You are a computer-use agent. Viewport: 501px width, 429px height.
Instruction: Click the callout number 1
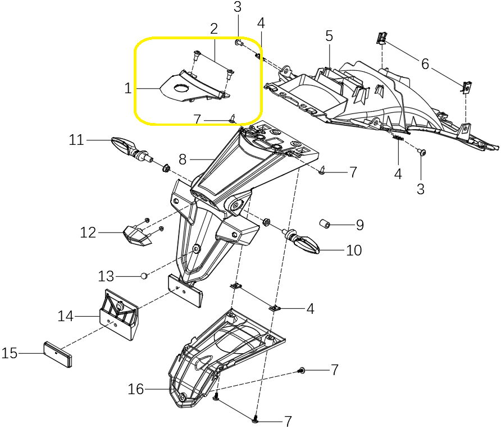[x=127, y=88]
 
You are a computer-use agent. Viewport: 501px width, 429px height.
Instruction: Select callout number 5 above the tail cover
[x=329, y=36]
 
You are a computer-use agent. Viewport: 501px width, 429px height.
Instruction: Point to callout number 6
[x=425, y=64]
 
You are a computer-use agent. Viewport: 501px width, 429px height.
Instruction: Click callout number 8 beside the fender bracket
[x=183, y=159]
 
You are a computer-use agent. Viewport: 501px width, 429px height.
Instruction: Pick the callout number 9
[x=359, y=226]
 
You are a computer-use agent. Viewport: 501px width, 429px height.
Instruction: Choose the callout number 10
[x=354, y=250]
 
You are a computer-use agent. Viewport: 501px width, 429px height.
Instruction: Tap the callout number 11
[x=76, y=139]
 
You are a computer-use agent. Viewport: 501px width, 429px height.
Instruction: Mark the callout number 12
[x=88, y=232]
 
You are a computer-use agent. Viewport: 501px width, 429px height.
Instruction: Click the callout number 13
[x=106, y=276]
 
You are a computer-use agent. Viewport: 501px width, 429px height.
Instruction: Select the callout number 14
[x=66, y=317]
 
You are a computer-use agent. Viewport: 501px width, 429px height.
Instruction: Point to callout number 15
[x=10, y=354]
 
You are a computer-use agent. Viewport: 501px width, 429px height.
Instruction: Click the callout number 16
[x=136, y=389]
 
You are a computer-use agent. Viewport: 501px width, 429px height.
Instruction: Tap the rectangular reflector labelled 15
[x=58, y=353]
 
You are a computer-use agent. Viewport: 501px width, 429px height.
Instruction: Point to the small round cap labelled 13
[x=144, y=276]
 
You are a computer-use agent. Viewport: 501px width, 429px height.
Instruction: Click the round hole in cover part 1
[x=181, y=88]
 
